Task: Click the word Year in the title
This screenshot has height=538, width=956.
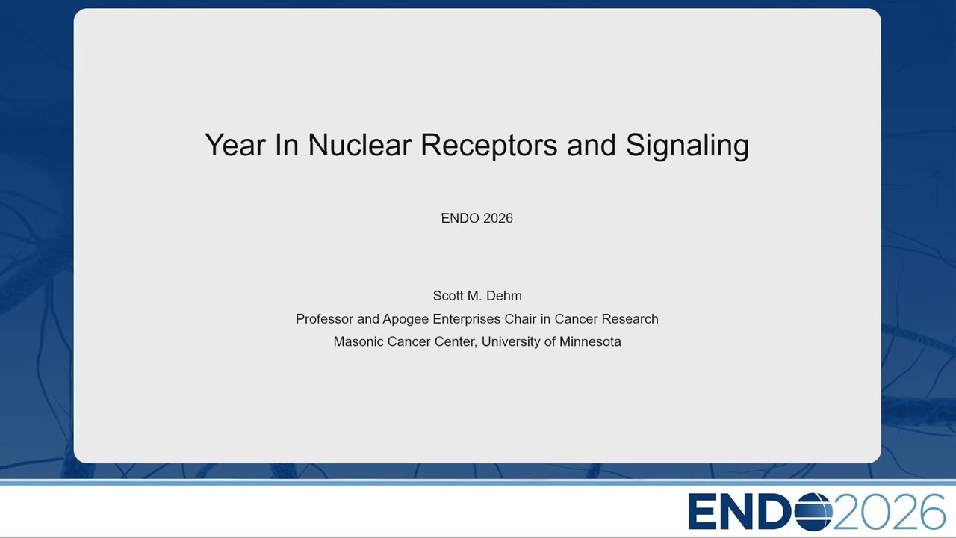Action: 235,146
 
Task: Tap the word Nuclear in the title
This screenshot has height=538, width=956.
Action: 360,145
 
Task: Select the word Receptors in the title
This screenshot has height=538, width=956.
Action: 489,146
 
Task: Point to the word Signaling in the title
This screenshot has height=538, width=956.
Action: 687,146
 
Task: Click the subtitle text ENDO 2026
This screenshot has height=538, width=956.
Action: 477,218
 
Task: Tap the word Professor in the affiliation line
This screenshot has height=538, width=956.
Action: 324,319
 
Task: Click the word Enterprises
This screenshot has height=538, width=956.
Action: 467,319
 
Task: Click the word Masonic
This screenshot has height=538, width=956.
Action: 358,341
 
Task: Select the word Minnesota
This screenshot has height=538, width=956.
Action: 590,341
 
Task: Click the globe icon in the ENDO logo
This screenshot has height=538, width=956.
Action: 813,511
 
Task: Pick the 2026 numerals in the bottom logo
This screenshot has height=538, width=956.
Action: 890,511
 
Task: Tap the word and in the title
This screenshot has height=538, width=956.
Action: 592,145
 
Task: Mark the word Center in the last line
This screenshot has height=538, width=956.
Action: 456,342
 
